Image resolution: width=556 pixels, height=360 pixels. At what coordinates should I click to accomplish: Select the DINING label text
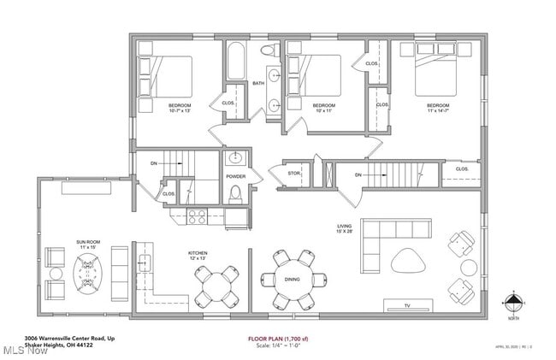tap(291, 280)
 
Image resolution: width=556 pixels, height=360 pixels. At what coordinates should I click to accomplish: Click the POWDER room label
tap(235, 177)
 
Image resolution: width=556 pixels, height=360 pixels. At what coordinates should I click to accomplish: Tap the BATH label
tap(257, 84)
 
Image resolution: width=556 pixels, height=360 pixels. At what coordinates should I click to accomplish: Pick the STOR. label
tap(294, 174)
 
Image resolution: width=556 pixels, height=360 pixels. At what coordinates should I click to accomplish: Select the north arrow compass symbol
tap(513, 301)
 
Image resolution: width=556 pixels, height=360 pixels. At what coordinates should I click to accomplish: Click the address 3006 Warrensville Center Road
tap(69, 339)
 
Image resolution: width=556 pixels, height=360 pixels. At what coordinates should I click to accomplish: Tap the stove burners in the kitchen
tap(196, 216)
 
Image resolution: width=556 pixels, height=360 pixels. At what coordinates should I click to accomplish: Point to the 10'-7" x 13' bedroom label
tap(180, 107)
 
